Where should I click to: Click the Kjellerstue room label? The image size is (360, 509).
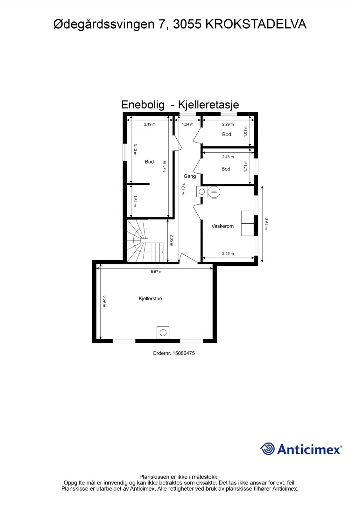150,299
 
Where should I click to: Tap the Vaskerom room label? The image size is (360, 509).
222,226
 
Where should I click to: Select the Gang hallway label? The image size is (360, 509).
190,176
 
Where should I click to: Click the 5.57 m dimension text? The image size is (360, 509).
157,272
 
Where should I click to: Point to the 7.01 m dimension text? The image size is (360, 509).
183,189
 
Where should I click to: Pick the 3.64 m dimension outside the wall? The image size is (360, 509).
266,224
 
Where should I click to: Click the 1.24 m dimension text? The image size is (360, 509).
187,124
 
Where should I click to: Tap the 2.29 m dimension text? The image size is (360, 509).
228,124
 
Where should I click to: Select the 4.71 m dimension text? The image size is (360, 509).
165,167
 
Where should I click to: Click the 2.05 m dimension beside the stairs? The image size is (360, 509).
172,241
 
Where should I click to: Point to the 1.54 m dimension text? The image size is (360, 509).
135,201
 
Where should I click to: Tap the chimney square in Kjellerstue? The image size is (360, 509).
163,333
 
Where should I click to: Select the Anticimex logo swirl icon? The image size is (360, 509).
267,449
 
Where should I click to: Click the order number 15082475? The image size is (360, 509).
184,353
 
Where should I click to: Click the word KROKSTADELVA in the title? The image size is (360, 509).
256,24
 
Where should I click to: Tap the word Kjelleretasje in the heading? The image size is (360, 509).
208,105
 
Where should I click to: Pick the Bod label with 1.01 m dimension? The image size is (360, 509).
227,134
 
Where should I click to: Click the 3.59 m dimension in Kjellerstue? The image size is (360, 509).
104,301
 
